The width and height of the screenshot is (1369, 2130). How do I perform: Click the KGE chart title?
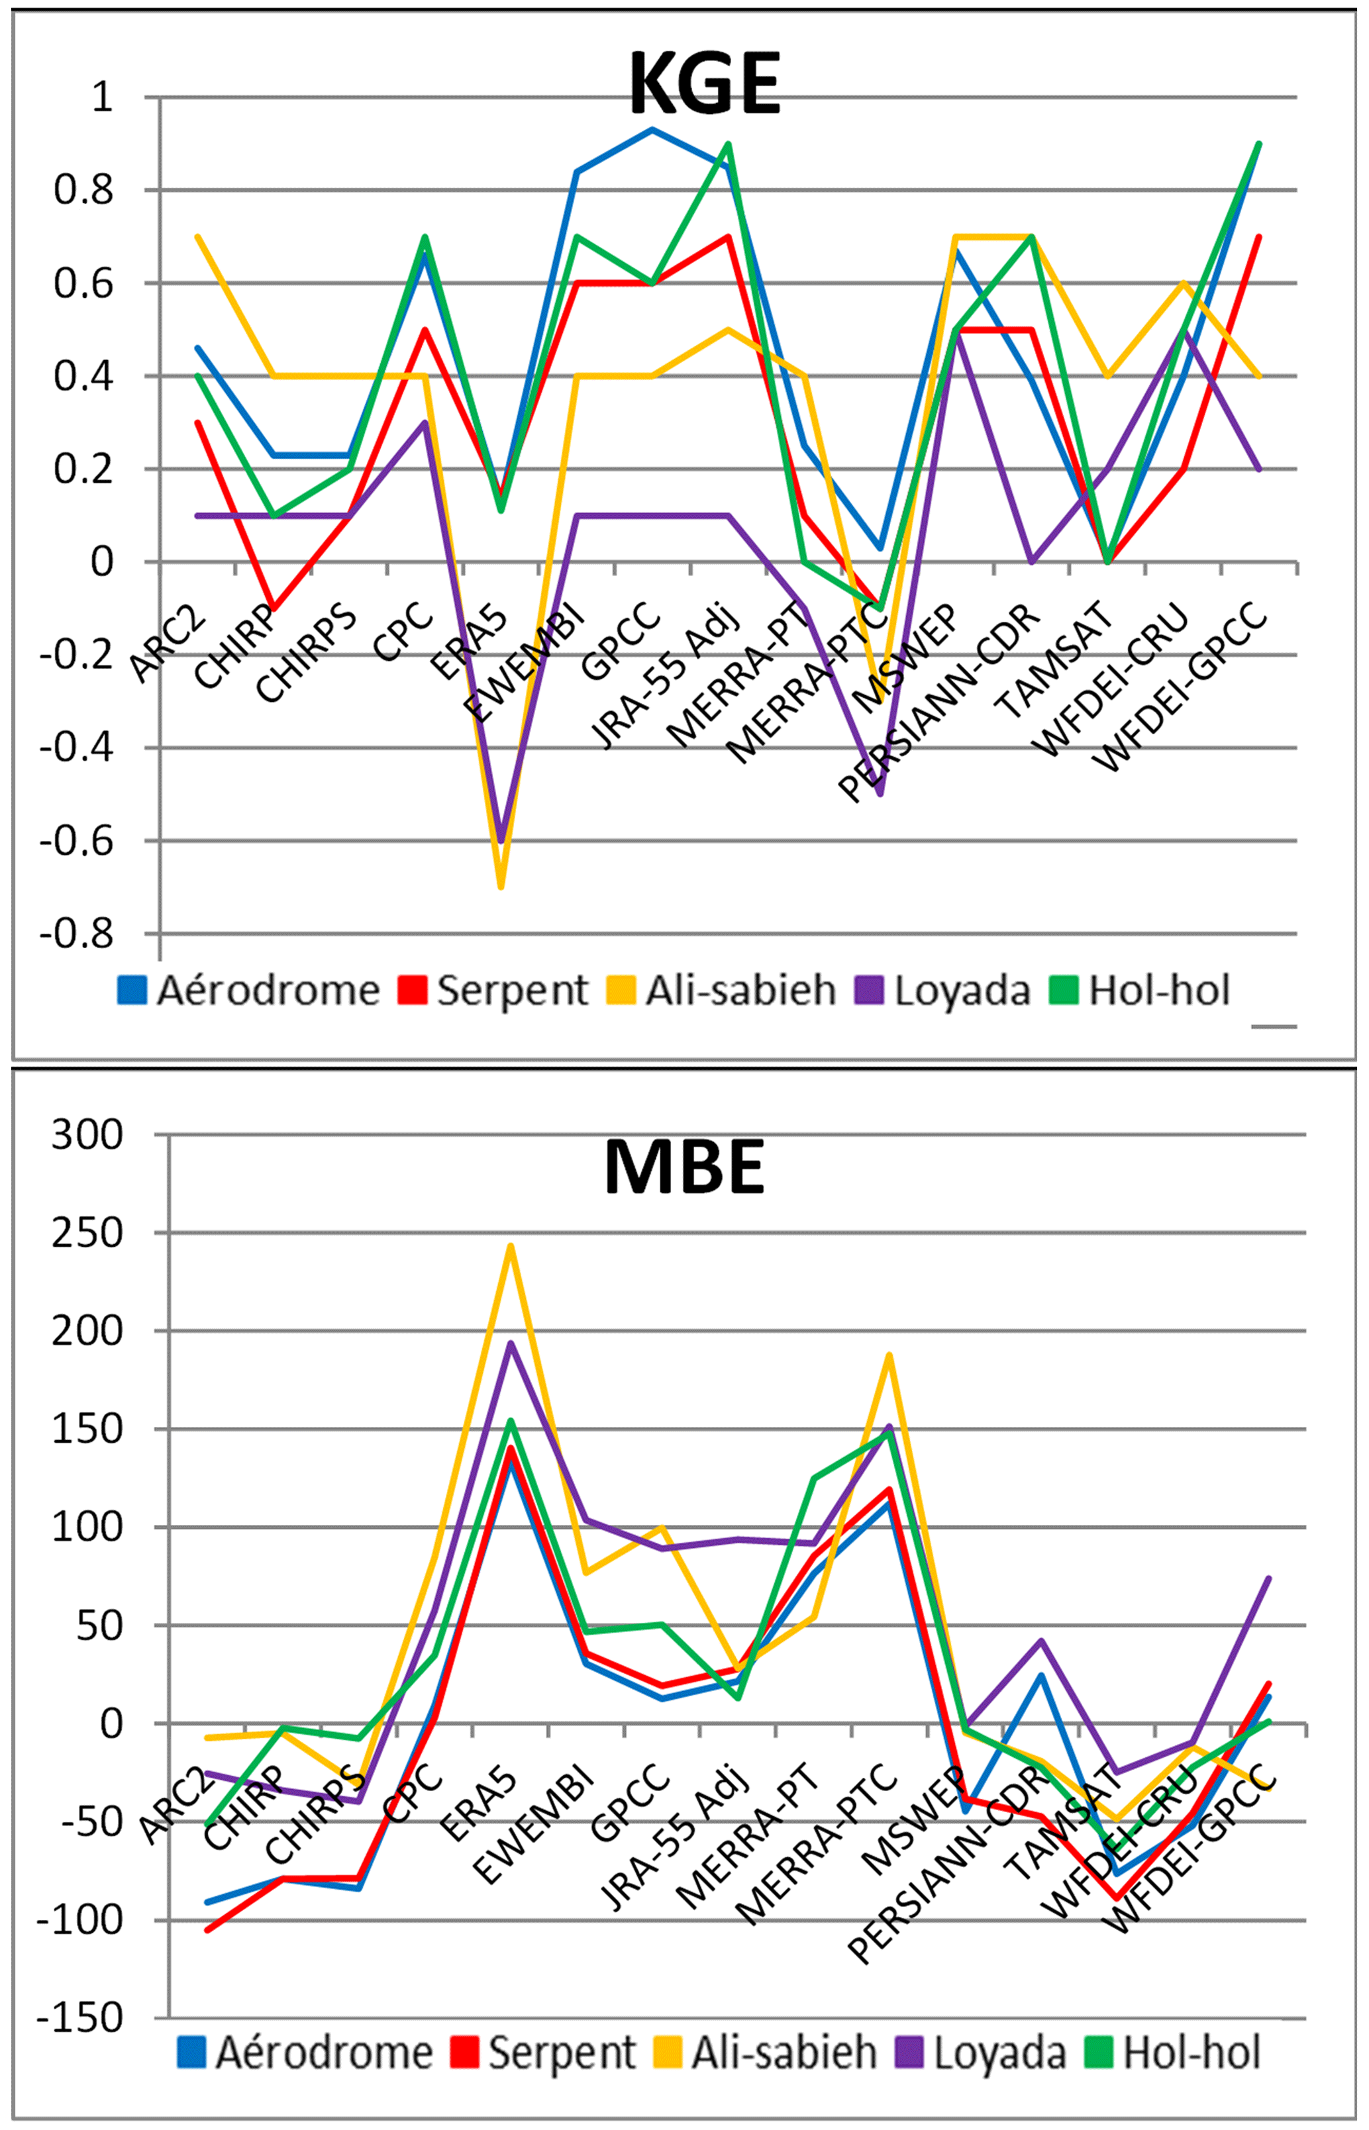click(x=705, y=83)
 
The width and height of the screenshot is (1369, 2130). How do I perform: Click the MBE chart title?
click(x=685, y=1167)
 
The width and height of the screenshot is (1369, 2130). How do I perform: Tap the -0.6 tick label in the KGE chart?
click(x=77, y=841)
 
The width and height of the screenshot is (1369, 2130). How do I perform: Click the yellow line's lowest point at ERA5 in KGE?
click(x=501, y=886)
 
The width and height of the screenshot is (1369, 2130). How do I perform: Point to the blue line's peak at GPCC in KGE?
click(x=652, y=130)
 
